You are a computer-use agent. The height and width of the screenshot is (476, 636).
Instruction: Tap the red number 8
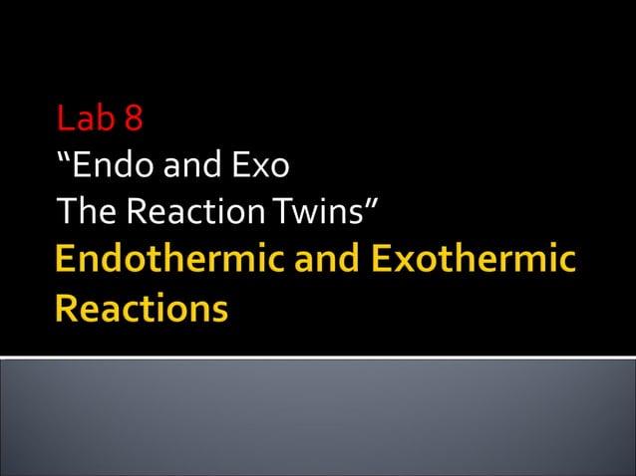pyautogui.click(x=134, y=119)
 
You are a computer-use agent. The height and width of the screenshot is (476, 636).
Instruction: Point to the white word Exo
pyautogui.click(x=260, y=164)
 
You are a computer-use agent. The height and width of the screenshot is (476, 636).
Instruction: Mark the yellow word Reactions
pyautogui.click(x=142, y=308)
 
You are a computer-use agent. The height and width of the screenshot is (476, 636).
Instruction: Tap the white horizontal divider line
pyautogui.click(x=318, y=357)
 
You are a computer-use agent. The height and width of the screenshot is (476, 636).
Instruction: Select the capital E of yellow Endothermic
pyautogui.click(x=66, y=261)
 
